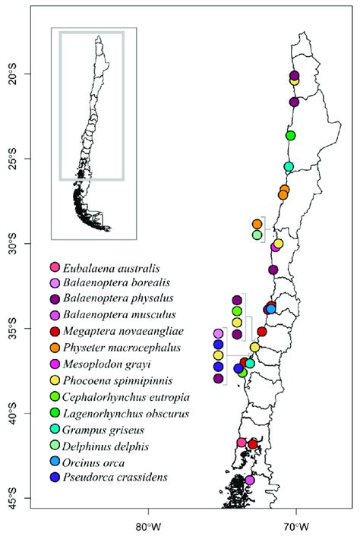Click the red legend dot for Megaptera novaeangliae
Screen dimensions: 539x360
pos(54,332)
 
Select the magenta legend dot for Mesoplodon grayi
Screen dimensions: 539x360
pos(54,364)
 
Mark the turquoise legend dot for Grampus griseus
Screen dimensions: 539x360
pos(54,430)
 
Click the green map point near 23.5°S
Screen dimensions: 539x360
pos(290,135)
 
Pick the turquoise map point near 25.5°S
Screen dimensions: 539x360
pos(289,166)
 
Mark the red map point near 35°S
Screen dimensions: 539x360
pos(262,331)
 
